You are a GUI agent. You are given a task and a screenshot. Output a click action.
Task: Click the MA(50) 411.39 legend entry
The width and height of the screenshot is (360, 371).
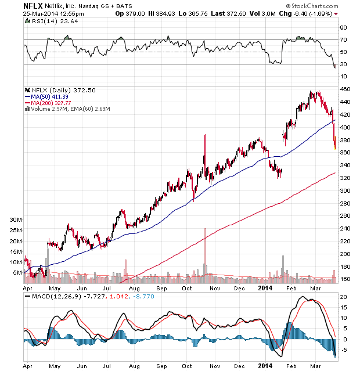pos(49,96)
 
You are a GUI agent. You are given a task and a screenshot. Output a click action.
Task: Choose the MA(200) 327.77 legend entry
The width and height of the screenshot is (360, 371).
pos(51,102)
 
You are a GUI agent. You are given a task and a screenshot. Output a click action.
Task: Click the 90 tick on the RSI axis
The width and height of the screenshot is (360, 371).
pos(343,27)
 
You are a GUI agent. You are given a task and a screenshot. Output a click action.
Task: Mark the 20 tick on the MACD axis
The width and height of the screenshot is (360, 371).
pos(343,297)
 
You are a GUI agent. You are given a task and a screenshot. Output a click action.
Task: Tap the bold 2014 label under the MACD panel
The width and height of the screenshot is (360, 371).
pos(265,366)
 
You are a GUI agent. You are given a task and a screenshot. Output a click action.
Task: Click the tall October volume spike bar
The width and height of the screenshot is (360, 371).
pos(205,255)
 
